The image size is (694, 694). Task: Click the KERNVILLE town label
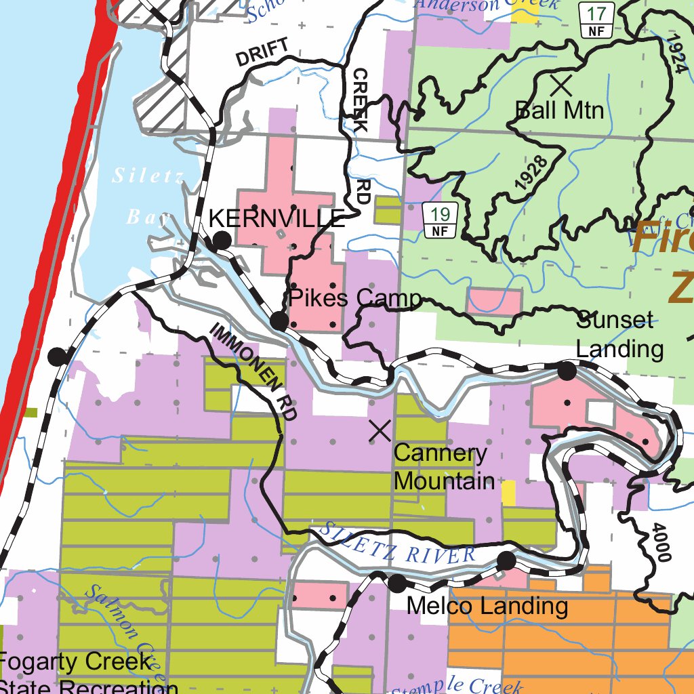(277, 218)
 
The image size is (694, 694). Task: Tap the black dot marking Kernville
(222, 240)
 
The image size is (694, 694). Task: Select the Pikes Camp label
(354, 298)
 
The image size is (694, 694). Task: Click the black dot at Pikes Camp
(279, 321)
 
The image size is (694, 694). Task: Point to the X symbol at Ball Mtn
(561, 85)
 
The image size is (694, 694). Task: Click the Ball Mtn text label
(560, 110)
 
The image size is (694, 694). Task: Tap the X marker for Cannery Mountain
(380, 430)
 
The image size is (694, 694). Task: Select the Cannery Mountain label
(444, 467)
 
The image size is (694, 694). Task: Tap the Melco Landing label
(487, 606)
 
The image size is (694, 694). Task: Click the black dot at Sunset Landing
(567, 371)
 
